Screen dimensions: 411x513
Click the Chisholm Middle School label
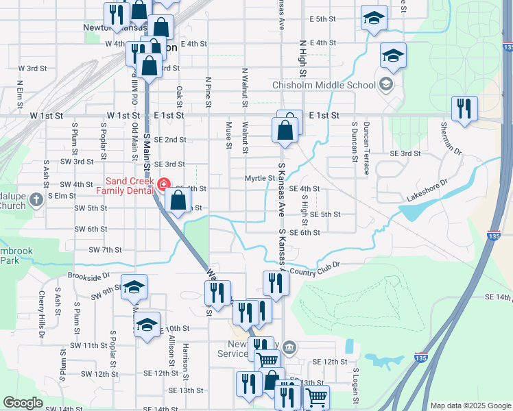pos(324,85)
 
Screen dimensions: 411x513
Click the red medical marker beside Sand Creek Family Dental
pos(163,184)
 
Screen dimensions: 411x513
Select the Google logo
pos(23,403)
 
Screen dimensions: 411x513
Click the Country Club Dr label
pos(315,273)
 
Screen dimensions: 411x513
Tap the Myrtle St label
pos(260,178)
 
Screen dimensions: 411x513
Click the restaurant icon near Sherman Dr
pos(464,108)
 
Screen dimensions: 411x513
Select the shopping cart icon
pos(316,397)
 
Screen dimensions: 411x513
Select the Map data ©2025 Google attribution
pos(470,406)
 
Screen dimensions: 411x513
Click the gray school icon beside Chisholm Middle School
pos(386,84)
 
